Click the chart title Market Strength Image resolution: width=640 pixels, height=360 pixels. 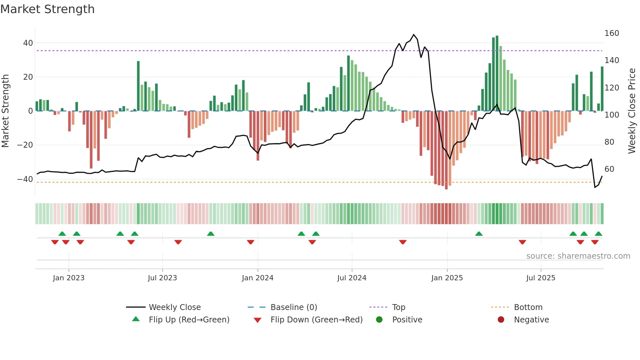point(47,9)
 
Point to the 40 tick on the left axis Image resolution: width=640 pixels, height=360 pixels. point(28,43)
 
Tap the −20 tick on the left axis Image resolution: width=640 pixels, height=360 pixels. point(25,145)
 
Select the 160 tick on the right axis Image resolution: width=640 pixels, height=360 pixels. point(612,33)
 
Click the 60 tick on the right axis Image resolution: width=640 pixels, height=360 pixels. point(609,169)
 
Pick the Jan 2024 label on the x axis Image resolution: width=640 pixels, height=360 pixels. point(258,278)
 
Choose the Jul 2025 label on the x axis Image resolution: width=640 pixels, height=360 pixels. point(541,278)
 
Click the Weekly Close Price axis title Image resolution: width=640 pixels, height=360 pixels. point(632,111)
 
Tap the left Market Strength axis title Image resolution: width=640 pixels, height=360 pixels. point(6,111)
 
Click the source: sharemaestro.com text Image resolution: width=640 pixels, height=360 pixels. point(578,256)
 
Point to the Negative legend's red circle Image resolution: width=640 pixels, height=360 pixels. point(501,319)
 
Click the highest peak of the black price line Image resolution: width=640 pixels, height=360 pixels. point(414,34)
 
